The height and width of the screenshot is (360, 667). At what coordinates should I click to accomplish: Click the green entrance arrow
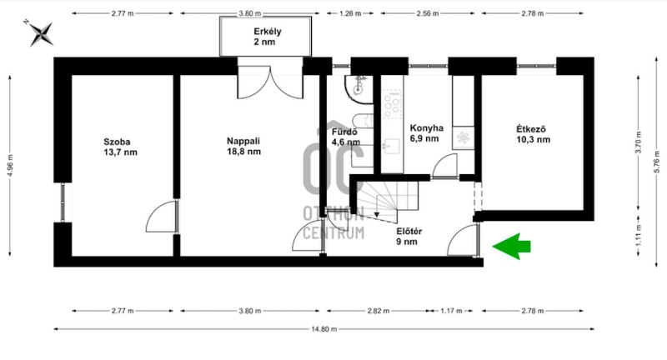click(x=512, y=246)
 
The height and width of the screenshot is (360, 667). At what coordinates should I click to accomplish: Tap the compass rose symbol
click(x=41, y=34)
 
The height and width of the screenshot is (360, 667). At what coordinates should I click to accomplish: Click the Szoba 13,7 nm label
click(x=120, y=147)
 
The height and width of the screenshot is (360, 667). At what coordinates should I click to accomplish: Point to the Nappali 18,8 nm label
click(x=243, y=146)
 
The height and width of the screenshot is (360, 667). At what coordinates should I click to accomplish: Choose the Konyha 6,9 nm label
click(x=426, y=133)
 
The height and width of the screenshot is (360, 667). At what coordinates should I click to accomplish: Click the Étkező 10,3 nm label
click(x=533, y=134)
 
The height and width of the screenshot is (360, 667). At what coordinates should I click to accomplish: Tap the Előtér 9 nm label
click(x=409, y=237)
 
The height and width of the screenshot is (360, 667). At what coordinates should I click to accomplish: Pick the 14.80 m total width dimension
click(x=324, y=329)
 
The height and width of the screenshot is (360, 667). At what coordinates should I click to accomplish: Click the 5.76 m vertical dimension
click(x=657, y=162)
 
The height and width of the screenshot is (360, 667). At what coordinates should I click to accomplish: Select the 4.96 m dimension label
click(x=10, y=165)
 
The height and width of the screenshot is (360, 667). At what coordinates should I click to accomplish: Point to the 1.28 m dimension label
click(x=350, y=13)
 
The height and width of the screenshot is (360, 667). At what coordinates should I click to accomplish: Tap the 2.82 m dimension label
click(x=379, y=311)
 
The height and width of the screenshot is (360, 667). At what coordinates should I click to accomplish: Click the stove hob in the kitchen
click(x=392, y=104)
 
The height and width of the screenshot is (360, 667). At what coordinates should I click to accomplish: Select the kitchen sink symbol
click(x=391, y=146)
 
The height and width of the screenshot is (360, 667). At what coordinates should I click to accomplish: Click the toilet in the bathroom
click(x=363, y=121)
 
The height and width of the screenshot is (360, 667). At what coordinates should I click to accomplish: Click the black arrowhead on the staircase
click(x=377, y=215)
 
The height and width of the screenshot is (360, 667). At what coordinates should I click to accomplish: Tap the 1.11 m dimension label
click(x=638, y=235)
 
